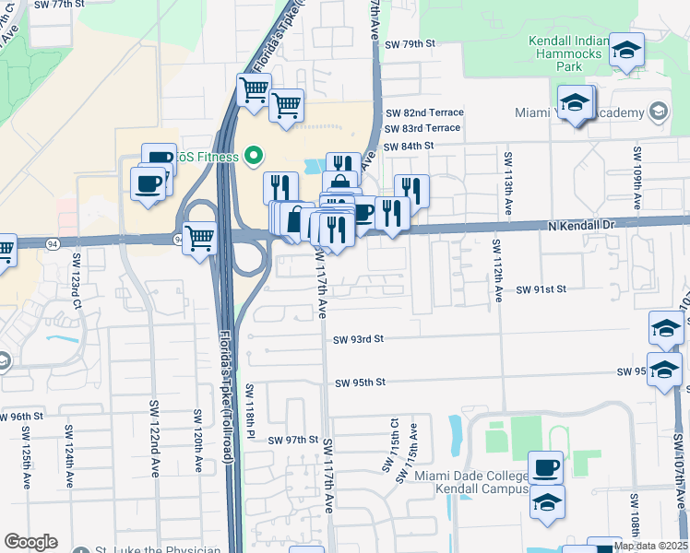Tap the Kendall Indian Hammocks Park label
[x=569, y=53]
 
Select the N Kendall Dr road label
[x=580, y=226]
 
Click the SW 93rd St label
[x=359, y=339]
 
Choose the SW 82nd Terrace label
[x=423, y=112]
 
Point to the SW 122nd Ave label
[x=153, y=429]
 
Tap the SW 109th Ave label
[x=636, y=175]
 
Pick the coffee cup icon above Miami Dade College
[x=545, y=466]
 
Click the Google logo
[x=31, y=542]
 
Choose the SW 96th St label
[x=22, y=417]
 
